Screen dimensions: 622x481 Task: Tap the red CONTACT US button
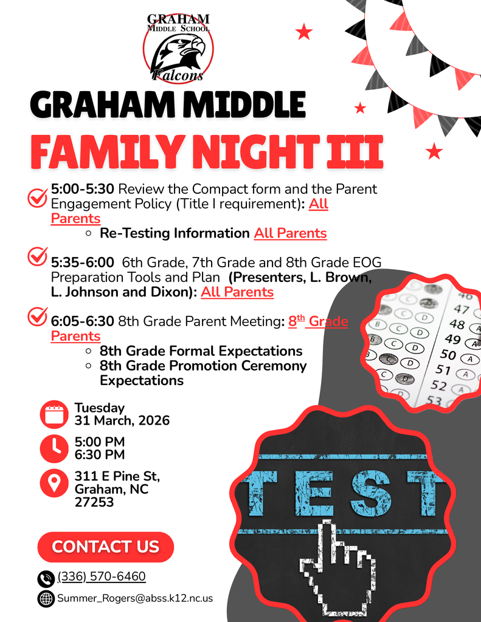tap(106, 547)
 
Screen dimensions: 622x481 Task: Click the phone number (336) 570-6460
tap(102, 576)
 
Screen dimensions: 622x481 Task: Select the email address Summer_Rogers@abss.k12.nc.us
tap(135, 598)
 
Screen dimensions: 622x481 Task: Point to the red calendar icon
tap(54, 414)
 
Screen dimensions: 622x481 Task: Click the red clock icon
tap(54, 448)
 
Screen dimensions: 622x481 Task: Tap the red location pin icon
tap(54, 483)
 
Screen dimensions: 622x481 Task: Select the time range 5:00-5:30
tap(83, 189)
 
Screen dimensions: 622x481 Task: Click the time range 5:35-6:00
tap(83, 262)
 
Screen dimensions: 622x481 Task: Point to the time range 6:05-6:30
tap(83, 321)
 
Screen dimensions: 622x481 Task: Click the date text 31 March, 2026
tap(122, 420)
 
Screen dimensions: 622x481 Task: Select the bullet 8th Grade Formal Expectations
tap(201, 351)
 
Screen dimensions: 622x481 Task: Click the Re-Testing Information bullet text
tap(175, 233)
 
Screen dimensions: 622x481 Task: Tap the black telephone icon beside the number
tap(46, 578)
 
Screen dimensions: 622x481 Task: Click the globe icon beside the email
tap(46, 598)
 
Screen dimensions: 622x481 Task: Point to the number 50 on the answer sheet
tap(448, 354)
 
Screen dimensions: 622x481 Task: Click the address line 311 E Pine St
tap(117, 476)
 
